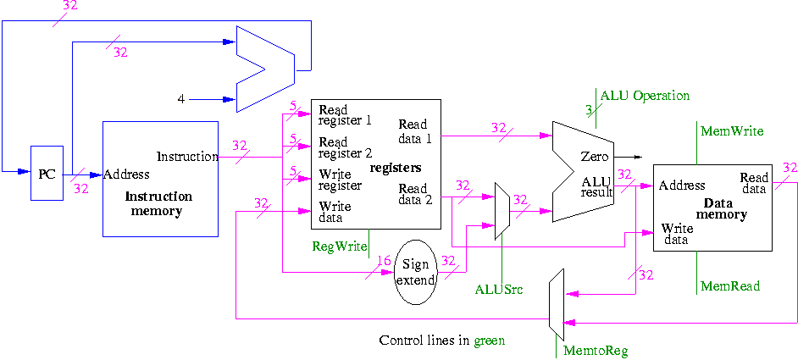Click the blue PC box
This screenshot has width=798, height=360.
pyautogui.click(x=47, y=174)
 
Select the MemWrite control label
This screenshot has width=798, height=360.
pyautogui.click(x=732, y=131)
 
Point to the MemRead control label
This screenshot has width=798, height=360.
pyautogui.click(x=731, y=287)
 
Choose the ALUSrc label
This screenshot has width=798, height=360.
pyautogui.click(x=498, y=290)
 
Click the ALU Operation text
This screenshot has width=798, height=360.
pyautogui.click(x=645, y=96)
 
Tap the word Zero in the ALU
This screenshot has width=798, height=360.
pyautogui.click(x=595, y=157)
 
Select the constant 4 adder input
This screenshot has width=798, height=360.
pyautogui.click(x=180, y=99)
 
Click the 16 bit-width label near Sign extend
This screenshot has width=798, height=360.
pyautogui.click(x=385, y=259)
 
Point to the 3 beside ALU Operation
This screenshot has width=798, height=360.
pyautogui.click(x=589, y=109)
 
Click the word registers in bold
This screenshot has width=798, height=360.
pyautogui.click(x=396, y=169)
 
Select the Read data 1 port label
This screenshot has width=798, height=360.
pyautogui.click(x=413, y=130)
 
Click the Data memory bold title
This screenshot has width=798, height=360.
pyautogui.click(x=725, y=209)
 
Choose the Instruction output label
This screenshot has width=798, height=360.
pyautogui.click(x=187, y=157)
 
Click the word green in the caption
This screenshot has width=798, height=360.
pyautogui.click(x=489, y=341)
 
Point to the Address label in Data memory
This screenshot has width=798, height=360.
pyautogui.click(x=683, y=186)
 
